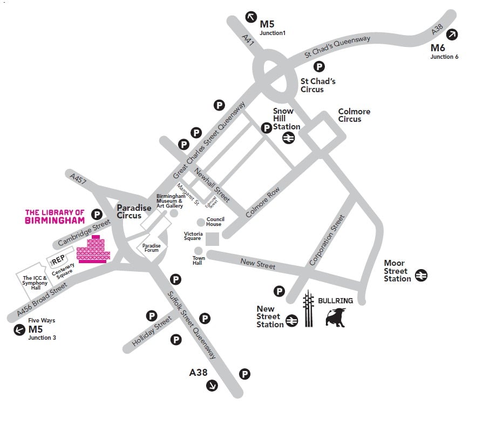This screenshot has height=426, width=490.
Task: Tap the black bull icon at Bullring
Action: tap(335, 317)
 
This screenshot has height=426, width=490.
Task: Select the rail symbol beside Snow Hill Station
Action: tap(288, 138)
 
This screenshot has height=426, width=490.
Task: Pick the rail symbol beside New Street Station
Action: tap(292, 320)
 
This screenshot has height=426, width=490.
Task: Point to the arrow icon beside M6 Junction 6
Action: tap(452, 35)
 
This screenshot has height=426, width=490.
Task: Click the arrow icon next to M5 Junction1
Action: tap(251, 17)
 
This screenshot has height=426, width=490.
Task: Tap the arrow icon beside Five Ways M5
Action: tap(19, 330)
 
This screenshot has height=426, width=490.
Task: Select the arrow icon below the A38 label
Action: tap(212, 385)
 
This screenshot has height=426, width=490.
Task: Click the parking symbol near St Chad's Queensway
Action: tap(319, 66)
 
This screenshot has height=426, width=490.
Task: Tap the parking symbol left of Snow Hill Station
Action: tap(266, 128)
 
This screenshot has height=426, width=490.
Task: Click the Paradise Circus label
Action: tap(130, 211)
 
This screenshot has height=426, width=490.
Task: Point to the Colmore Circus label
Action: tap(354, 115)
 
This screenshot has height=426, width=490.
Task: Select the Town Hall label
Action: tap(199, 261)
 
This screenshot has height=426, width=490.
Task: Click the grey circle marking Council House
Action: tap(201, 222)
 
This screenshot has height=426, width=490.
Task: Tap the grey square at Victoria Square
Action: tap(213, 239)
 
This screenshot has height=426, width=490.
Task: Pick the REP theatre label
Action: tap(58, 260)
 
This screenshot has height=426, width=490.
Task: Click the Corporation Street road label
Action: tap(326, 241)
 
